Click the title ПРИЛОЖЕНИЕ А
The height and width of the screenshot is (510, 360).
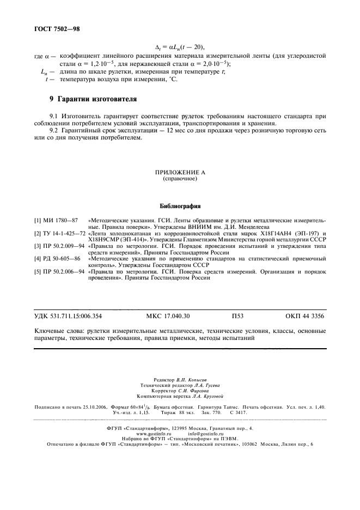pos(179,172)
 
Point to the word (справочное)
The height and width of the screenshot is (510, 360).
pos(179,179)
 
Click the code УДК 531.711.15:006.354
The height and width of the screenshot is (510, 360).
pos(68,315)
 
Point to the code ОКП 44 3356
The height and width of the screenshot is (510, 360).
pos(306,315)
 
